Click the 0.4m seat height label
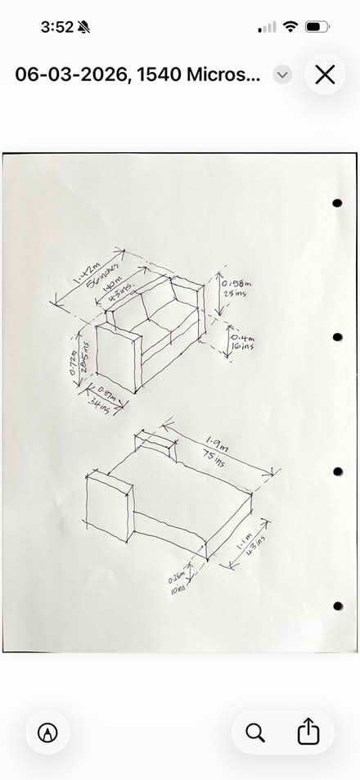point(242,336)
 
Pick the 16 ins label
point(241,346)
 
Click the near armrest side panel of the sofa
point(115,360)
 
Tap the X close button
point(325,74)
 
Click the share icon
point(308,731)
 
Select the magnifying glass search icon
point(255,731)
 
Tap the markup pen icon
point(47,731)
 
